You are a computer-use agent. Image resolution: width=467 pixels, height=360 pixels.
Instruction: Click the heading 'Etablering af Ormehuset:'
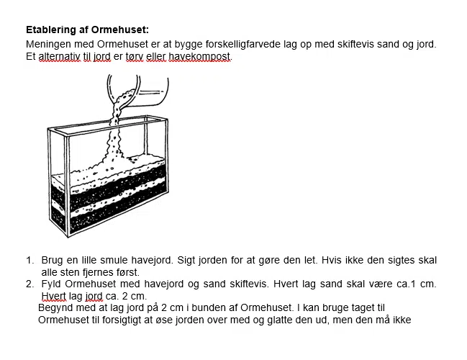87,30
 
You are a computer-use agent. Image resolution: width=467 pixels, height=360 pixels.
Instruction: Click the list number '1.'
30,260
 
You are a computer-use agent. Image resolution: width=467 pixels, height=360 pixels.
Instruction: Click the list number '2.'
30,284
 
